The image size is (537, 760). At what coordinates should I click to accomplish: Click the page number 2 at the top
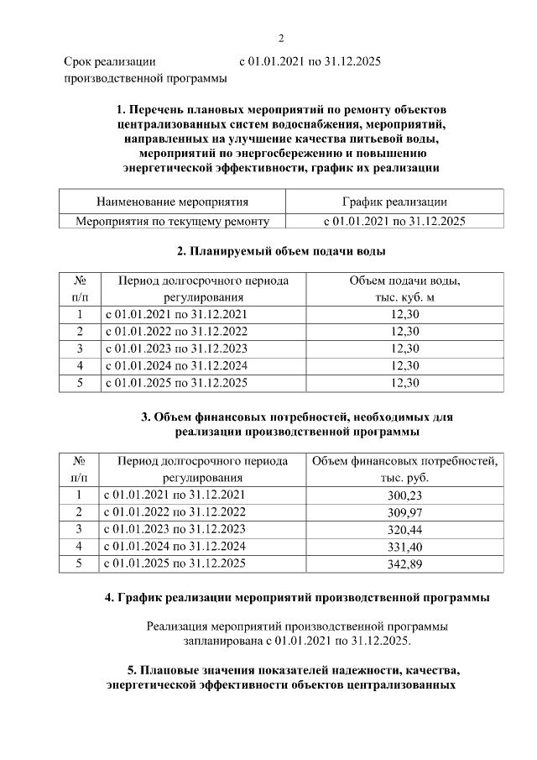pyautogui.click(x=281, y=38)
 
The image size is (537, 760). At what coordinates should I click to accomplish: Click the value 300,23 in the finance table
pyautogui.click(x=404, y=495)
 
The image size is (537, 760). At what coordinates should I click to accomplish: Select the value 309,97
pyautogui.click(x=404, y=512)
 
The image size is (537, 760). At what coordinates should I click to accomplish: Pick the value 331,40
pyautogui.click(x=404, y=547)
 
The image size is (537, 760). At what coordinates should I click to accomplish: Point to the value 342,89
pyautogui.click(x=404, y=563)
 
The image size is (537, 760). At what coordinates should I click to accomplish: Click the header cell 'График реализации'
pyautogui.click(x=394, y=202)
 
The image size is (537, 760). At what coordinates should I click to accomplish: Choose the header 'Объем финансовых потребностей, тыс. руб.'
pyautogui.click(x=404, y=469)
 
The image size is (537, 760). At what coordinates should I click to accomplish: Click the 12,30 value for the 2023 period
pyautogui.click(x=404, y=349)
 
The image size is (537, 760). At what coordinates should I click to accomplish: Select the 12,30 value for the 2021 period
pyautogui.click(x=404, y=314)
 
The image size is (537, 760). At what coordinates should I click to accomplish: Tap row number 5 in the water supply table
pyautogui.click(x=79, y=383)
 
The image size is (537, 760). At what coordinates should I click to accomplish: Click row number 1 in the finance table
pyautogui.click(x=79, y=495)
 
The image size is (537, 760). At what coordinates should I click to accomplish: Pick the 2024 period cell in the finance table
pyautogui.click(x=175, y=547)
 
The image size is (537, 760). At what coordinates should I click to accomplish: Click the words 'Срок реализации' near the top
pyautogui.click(x=110, y=62)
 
